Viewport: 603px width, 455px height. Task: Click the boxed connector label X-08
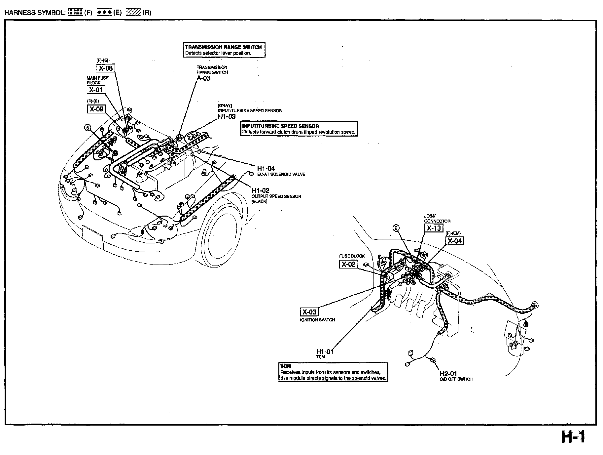106,68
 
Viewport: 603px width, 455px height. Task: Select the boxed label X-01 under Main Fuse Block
96,90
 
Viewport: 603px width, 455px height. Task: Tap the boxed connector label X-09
96,109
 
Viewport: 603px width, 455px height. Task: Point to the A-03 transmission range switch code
203,78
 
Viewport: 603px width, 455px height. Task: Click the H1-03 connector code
227,116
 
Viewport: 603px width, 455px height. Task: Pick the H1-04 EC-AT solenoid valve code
266,169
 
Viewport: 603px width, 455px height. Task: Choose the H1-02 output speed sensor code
260,190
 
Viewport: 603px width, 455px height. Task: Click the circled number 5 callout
88,128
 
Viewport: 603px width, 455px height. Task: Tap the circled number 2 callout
396,227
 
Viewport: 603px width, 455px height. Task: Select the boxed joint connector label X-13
434,228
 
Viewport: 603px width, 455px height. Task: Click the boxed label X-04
454,241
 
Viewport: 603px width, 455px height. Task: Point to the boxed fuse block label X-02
348,264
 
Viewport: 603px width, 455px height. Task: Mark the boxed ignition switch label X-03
309,312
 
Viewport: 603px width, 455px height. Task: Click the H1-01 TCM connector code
325,352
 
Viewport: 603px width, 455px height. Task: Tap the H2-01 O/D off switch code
449,374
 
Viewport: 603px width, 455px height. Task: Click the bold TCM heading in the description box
286,366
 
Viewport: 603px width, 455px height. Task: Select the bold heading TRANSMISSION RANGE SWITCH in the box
223,47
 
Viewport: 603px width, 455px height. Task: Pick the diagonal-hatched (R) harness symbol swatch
134,13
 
